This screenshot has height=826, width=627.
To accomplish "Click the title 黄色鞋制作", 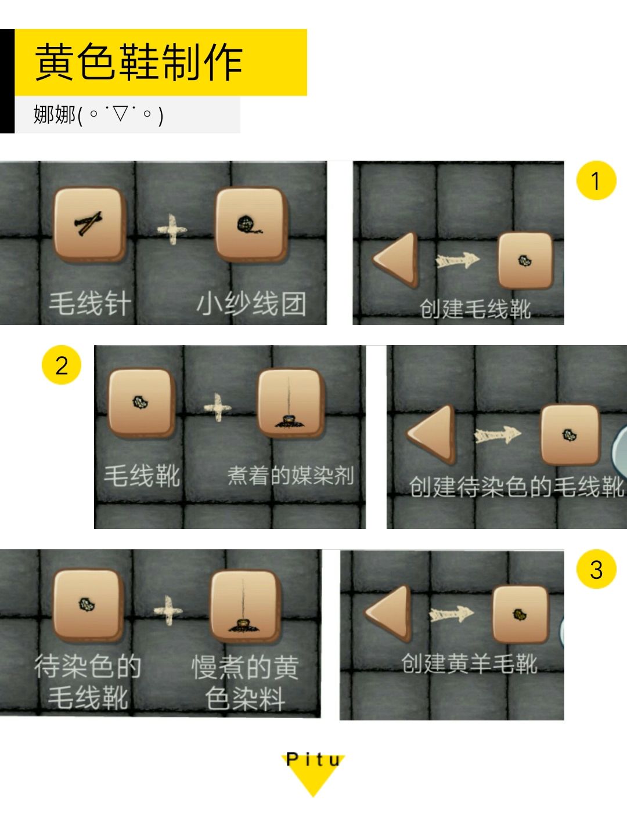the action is pyautogui.click(x=138, y=61).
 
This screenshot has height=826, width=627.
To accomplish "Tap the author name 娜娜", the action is pyautogui.click(x=55, y=114).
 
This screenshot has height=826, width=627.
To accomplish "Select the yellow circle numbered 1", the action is pyautogui.click(x=596, y=180).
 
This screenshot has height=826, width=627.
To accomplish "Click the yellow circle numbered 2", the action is pyautogui.click(x=62, y=365).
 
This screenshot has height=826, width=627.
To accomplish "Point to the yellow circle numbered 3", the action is pyautogui.click(x=596, y=569).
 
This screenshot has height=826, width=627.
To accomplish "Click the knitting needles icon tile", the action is pyautogui.click(x=89, y=224).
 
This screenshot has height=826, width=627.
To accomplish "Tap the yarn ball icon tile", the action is pyautogui.click(x=251, y=224).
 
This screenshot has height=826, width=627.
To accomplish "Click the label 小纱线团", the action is pyautogui.click(x=251, y=303).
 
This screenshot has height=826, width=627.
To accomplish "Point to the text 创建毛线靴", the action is pyautogui.click(x=475, y=309).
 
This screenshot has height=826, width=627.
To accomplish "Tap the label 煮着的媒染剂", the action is pyautogui.click(x=290, y=475).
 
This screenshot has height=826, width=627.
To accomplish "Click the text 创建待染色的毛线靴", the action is pyautogui.click(x=517, y=486).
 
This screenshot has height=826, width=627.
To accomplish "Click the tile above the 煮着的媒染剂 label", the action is pyautogui.click(x=290, y=403).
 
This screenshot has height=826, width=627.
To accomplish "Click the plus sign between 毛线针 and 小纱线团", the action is pyautogui.click(x=172, y=229).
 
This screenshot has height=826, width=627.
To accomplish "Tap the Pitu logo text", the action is pyautogui.click(x=313, y=759).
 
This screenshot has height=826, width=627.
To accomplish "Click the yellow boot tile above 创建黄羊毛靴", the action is pyautogui.click(x=520, y=614).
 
